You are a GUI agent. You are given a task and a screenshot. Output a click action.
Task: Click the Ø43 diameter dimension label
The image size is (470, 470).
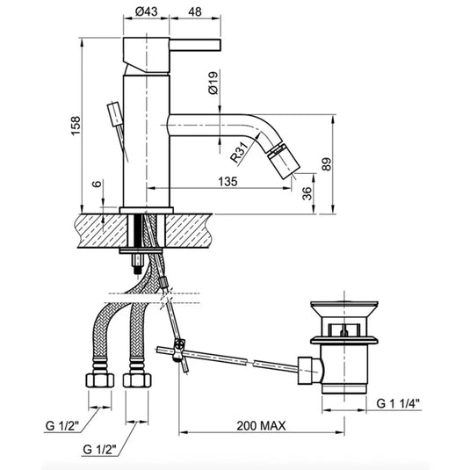pyautogui.click(x=147, y=11)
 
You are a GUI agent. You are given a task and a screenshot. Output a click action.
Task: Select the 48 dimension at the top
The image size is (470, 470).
pyautogui.click(x=195, y=11)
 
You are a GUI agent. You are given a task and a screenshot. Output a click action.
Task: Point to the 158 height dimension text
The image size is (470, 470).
pyautogui.click(x=76, y=126)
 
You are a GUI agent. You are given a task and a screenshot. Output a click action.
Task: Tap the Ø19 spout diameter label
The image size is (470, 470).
pyautogui.click(x=214, y=83)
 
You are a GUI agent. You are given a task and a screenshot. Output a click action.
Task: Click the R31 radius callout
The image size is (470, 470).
pyautogui.click(x=240, y=152)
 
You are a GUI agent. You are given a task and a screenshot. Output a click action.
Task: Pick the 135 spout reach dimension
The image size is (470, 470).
pyautogui.click(x=228, y=181)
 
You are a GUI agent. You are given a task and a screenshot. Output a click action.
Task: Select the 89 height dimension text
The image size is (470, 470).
pyautogui.click(x=327, y=164)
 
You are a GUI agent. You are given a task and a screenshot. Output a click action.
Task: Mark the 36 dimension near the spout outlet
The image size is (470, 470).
pyautogui.click(x=307, y=193)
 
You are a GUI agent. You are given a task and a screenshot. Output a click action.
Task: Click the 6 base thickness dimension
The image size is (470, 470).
pyautogui.click(x=98, y=184)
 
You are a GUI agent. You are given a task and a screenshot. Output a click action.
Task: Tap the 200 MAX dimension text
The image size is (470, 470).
pyautogui.click(x=261, y=426)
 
